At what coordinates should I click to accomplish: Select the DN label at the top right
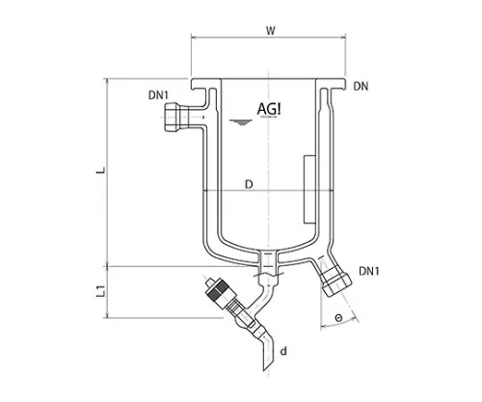tap(361, 88)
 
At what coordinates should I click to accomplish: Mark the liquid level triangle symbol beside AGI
tap(237, 120)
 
